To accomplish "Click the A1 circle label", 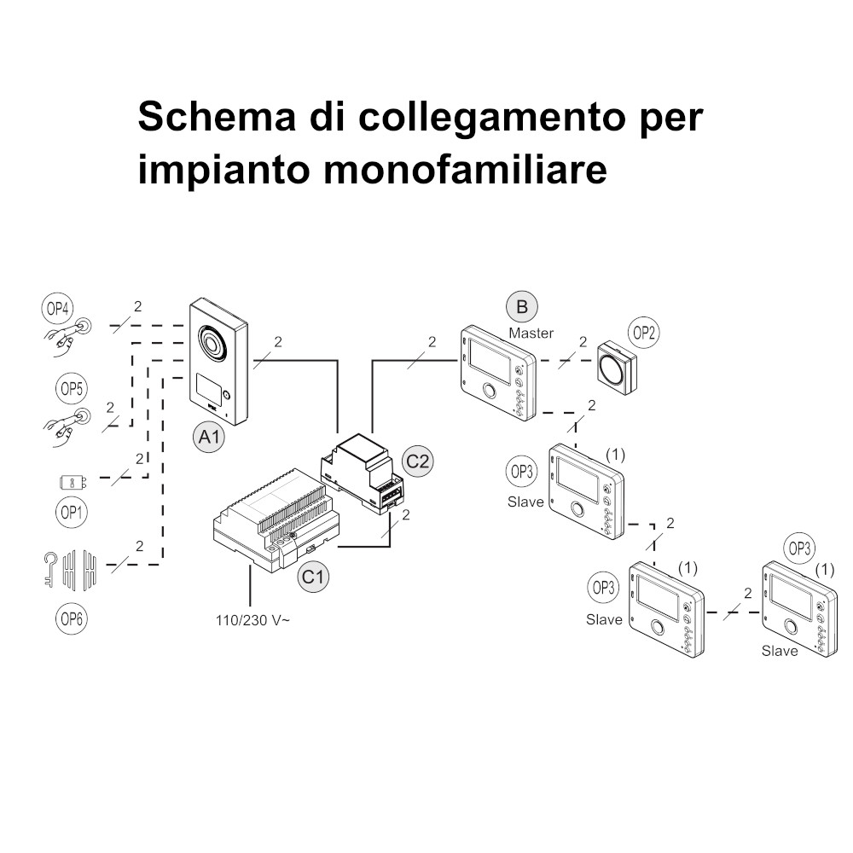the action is pyautogui.click(x=210, y=436).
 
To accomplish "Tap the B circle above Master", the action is pyautogui.click(x=522, y=307).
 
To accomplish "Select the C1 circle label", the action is pyautogui.click(x=313, y=576).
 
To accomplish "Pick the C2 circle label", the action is pyautogui.click(x=417, y=461).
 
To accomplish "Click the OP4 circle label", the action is pyautogui.click(x=57, y=309).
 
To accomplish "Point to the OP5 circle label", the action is pyautogui.click(x=72, y=388).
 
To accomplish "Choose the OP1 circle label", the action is pyautogui.click(x=72, y=512).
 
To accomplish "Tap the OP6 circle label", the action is pyautogui.click(x=72, y=618).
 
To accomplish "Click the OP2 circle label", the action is pyautogui.click(x=643, y=333).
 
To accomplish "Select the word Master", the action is pyautogui.click(x=531, y=333).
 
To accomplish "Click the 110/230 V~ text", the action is pyautogui.click(x=253, y=620).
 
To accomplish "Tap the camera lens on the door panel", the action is pyautogui.click(x=211, y=343).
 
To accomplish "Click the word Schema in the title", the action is pyautogui.click(x=217, y=116).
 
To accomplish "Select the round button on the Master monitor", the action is pyautogui.click(x=489, y=390).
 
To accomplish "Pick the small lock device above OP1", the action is pyautogui.click(x=73, y=482).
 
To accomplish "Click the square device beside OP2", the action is pyautogui.click(x=617, y=367).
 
